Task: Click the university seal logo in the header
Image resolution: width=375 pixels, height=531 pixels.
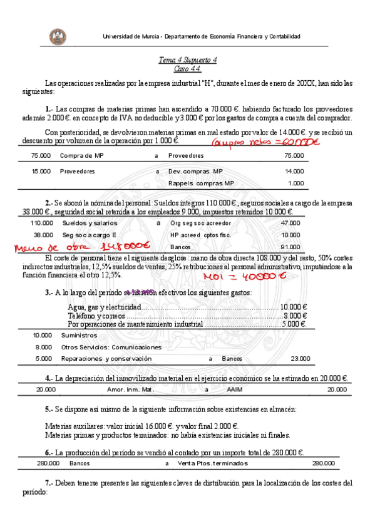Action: click(58, 36)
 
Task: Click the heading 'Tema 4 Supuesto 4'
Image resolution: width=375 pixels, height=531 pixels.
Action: click(187, 60)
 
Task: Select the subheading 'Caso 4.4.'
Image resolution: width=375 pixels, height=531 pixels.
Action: click(187, 68)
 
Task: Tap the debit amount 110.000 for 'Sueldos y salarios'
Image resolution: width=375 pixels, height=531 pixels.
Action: click(42, 223)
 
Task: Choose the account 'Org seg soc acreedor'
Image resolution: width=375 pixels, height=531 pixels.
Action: click(200, 223)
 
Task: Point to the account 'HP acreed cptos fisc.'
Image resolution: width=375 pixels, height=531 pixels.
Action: click(200, 235)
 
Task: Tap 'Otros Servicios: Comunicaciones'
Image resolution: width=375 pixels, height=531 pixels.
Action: click(111, 347)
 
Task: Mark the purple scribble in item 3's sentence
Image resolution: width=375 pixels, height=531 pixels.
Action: click(139, 292)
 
